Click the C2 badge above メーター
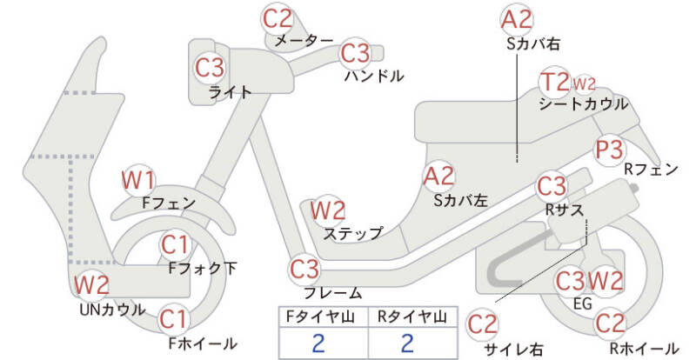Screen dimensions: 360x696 point(278,18)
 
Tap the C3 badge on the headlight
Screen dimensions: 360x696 point(210,67)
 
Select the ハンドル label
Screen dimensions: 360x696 point(374,76)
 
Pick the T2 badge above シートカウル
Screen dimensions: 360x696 point(554,83)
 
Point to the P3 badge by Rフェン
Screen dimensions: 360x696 point(611,150)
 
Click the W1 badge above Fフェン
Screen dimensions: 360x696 point(138,180)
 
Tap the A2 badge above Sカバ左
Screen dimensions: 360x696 point(438,177)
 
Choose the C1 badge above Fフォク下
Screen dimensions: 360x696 point(175,244)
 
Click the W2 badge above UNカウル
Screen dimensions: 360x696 point(91,284)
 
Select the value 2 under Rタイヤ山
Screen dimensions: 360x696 point(406,343)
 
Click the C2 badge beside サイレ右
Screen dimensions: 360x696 point(483,325)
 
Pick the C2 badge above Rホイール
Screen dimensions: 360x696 point(611,323)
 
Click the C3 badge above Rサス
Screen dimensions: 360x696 point(552,185)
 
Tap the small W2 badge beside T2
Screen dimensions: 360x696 point(584,84)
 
